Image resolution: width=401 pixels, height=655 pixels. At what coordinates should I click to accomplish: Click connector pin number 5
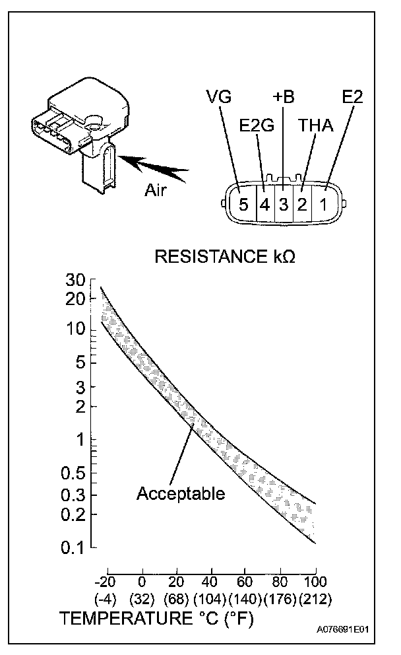click(243, 204)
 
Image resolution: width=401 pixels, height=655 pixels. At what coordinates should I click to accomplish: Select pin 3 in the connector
click(284, 204)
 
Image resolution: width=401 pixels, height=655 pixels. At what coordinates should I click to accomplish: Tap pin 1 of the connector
click(323, 204)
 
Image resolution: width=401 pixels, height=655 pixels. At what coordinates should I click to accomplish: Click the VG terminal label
click(218, 98)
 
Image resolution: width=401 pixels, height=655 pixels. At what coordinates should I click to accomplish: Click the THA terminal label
click(315, 126)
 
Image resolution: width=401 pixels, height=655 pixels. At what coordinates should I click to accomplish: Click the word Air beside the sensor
click(157, 190)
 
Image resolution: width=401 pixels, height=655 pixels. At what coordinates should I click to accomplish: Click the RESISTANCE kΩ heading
click(225, 256)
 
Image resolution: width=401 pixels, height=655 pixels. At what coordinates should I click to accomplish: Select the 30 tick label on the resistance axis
click(77, 280)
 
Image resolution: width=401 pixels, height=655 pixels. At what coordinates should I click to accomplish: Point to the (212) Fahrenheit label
click(315, 600)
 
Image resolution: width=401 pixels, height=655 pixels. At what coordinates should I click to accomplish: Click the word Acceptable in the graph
click(181, 493)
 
